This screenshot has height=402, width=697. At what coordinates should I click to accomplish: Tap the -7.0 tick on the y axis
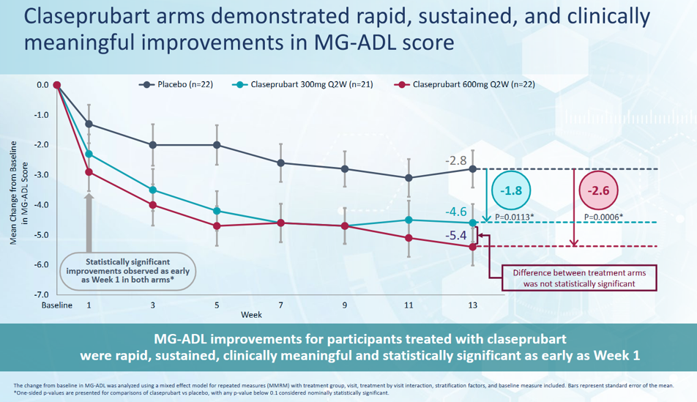(42, 294)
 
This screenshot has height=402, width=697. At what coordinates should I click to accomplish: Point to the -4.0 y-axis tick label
(42, 205)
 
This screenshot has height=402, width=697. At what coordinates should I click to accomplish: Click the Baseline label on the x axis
(57, 305)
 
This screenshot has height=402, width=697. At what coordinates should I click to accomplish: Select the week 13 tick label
(472, 305)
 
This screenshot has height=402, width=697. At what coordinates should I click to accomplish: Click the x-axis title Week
(251, 315)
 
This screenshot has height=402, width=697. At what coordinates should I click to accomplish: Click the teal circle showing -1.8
(511, 190)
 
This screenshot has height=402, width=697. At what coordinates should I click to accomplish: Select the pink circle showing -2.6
(599, 190)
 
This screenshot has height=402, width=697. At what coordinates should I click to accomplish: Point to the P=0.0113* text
(514, 217)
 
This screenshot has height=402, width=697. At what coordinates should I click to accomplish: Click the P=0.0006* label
(603, 217)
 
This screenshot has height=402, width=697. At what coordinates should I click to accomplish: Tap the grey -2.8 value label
(456, 160)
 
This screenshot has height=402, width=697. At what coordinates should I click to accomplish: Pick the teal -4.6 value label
(455, 212)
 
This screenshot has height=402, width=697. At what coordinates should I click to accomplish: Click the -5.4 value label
(455, 235)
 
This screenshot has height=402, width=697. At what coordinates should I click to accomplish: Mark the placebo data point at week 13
(472, 169)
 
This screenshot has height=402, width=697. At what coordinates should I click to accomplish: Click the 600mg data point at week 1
(89, 172)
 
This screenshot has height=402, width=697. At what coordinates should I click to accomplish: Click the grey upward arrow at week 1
(89, 220)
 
